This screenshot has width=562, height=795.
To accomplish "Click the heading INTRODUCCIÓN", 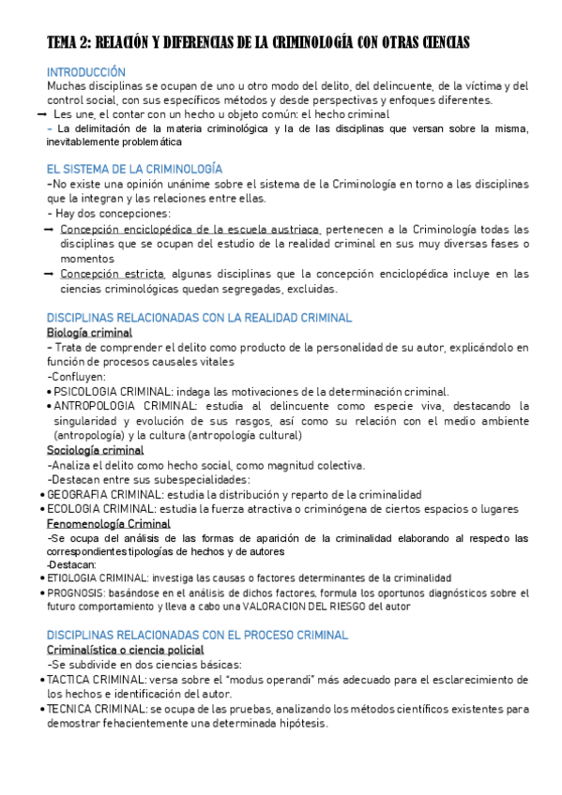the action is [86, 71].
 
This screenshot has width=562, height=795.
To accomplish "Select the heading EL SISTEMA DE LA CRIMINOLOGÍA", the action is [134, 169].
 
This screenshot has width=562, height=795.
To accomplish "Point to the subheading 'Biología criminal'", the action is [89, 333].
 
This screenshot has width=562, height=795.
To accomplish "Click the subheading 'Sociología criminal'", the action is [95, 451].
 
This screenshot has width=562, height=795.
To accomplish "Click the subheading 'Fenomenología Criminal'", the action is [109, 524].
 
